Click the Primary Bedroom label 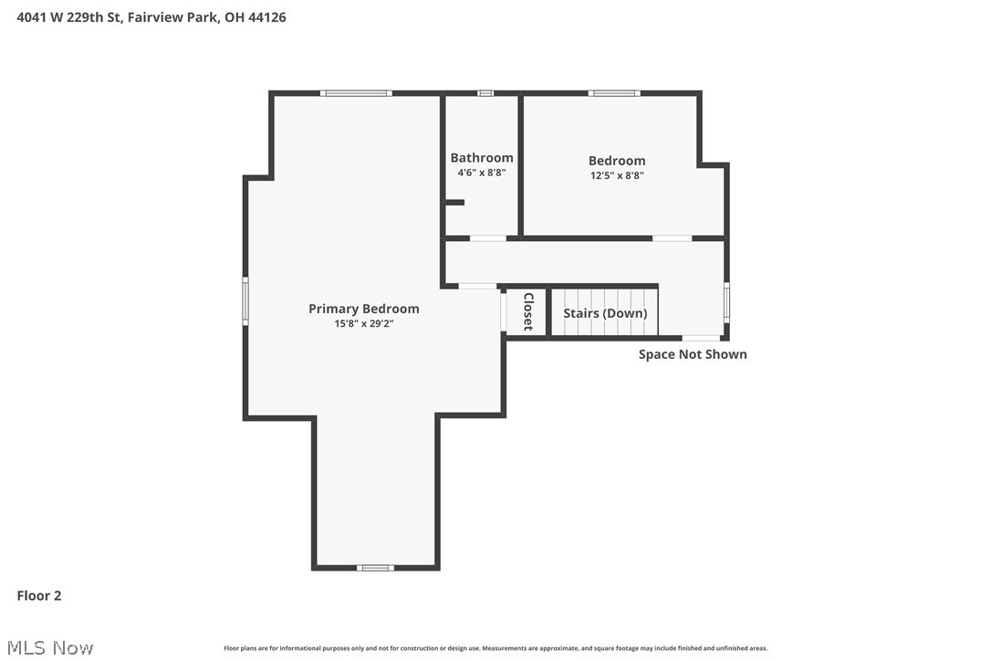pos(363,309)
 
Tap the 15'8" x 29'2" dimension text pos(363,323)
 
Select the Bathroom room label pos(481,158)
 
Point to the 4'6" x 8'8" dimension pos(481,173)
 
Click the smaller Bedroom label pos(617,161)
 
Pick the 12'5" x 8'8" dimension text pos(617,175)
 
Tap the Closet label pos(527,311)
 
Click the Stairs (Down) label pos(605,313)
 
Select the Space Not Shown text pos(693,354)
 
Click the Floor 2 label pos(39,596)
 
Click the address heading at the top pos(151,17)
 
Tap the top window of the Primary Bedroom pos(356,93)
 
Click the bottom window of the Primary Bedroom pos(375,568)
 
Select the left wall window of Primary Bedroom pos(245,300)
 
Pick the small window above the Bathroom pos(485,93)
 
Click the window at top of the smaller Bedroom pos(613,93)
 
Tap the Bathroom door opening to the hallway pos(487,238)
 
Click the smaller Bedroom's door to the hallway pos(672,238)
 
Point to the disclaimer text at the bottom pos(495,648)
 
